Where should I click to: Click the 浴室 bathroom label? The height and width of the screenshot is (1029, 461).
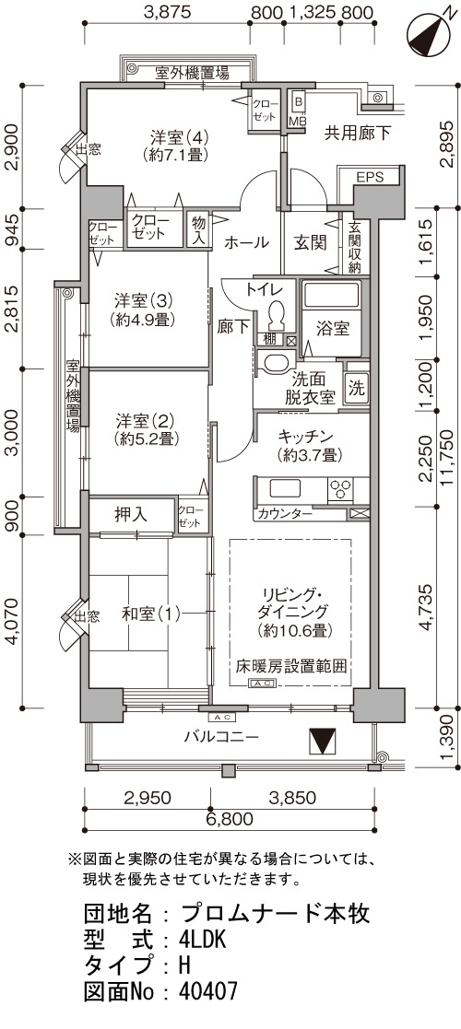pos(332,329)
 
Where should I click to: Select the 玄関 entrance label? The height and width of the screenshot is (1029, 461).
pos(310,242)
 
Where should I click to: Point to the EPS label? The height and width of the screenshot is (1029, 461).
pos(370,177)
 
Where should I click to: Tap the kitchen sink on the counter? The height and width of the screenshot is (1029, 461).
pos(284,489)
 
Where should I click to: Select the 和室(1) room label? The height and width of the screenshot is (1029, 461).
pos(150,614)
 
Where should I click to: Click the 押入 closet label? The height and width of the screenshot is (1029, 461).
pos(131,515)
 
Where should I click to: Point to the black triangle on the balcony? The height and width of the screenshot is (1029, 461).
pos(323,741)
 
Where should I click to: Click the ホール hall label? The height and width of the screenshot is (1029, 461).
pos(246,242)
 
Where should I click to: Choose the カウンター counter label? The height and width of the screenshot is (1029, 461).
pos(285,513)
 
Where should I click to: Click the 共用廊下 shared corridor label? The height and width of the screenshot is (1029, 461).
pos(358,134)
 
